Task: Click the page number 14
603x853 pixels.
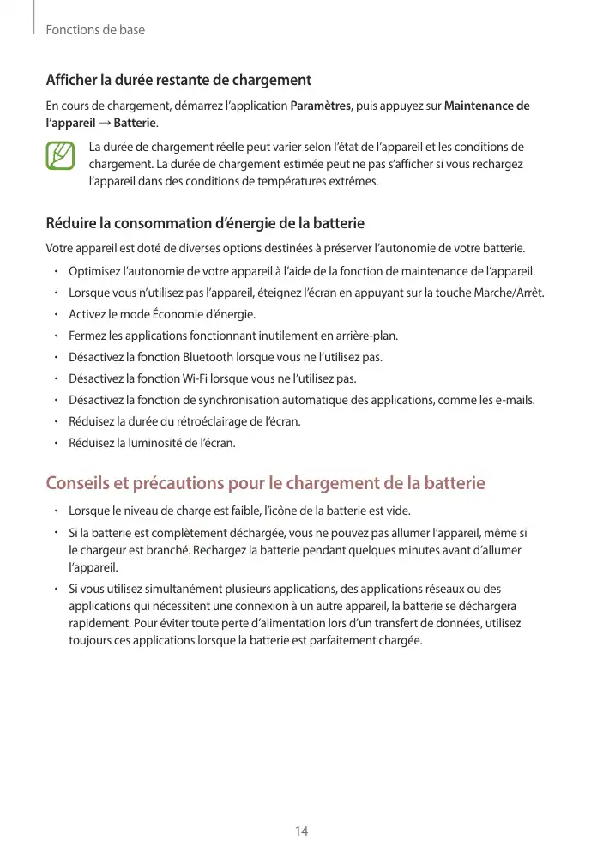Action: (301, 831)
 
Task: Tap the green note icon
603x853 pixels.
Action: (62, 155)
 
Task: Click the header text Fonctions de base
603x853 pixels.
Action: (95, 30)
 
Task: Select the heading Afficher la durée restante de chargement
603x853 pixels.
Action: (178, 81)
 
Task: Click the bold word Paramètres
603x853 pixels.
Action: (321, 106)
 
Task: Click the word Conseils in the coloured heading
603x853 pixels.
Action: (80, 483)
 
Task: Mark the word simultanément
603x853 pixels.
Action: (177, 589)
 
